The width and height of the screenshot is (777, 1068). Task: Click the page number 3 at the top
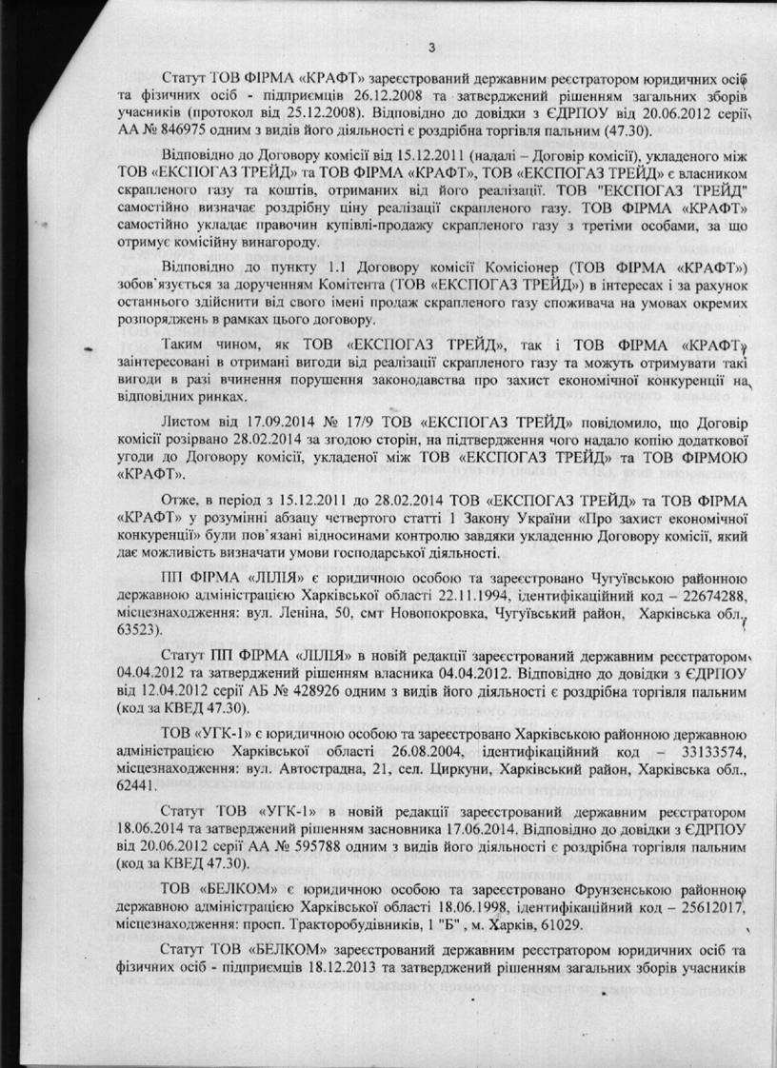pyautogui.click(x=430, y=49)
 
